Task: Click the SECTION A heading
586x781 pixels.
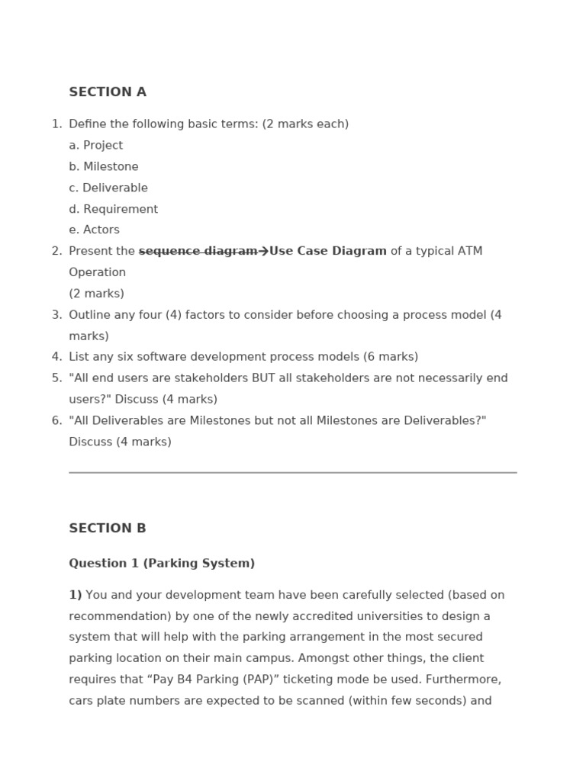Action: click(x=108, y=92)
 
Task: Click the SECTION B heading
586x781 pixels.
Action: click(x=108, y=529)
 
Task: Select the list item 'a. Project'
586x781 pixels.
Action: click(x=95, y=146)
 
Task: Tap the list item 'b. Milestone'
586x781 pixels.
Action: click(x=104, y=167)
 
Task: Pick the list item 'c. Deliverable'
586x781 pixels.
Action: click(x=108, y=188)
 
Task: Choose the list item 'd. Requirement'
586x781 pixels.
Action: click(x=113, y=209)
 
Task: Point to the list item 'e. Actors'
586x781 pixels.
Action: click(x=94, y=230)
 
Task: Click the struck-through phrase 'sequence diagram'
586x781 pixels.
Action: click(x=198, y=252)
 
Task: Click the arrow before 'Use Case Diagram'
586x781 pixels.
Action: click(x=263, y=252)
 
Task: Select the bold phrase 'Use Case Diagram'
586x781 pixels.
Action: click(x=328, y=252)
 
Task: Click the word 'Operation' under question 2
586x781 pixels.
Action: click(x=97, y=272)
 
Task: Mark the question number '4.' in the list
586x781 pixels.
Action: click(x=56, y=357)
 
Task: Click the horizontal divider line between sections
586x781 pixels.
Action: click(x=293, y=473)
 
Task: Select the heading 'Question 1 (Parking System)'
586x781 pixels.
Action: click(x=162, y=564)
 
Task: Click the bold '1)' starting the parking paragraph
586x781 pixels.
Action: click(x=76, y=595)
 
